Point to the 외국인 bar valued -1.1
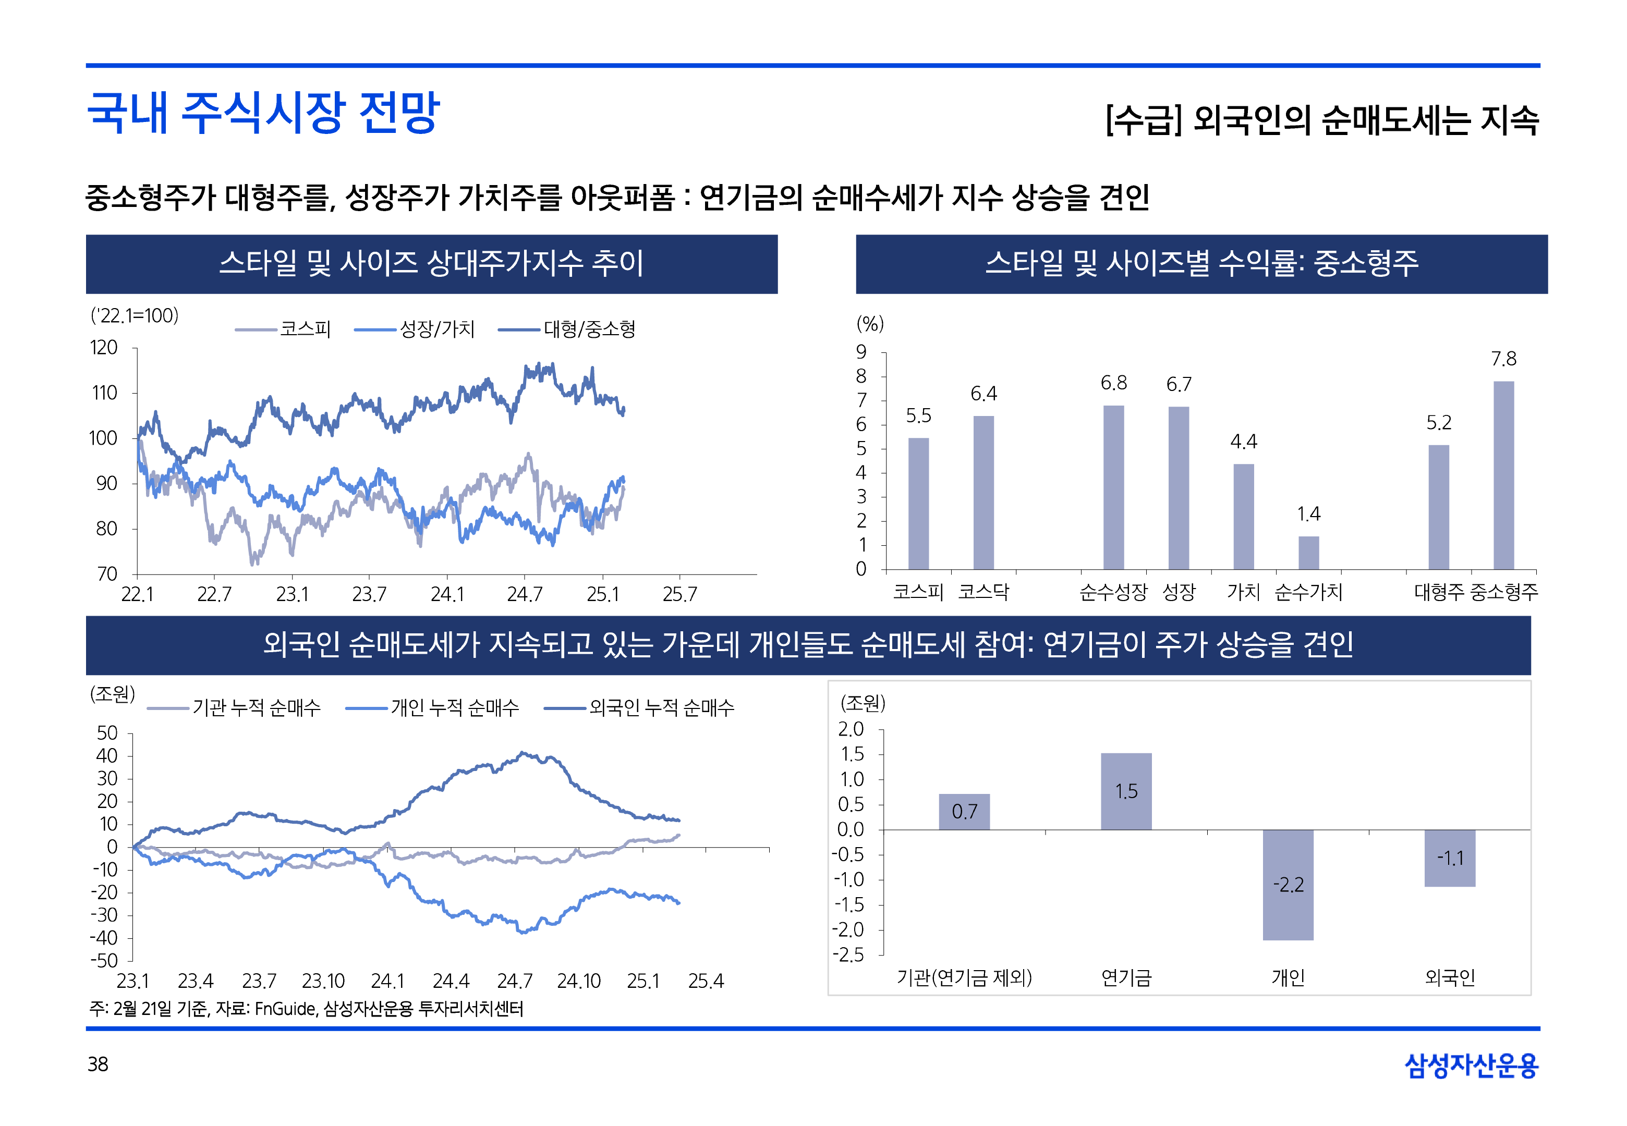coord(1449,858)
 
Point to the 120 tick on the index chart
coord(104,348)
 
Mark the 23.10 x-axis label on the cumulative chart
coord(323,982)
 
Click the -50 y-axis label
coord(104,960)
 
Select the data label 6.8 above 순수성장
coord(1113,383)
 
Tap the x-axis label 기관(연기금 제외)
coord(964,978)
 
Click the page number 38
coord(98,1064)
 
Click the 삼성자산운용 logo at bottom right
coord(1471,1066)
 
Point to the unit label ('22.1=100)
coord(135,315)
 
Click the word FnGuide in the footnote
coord(285,1009)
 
